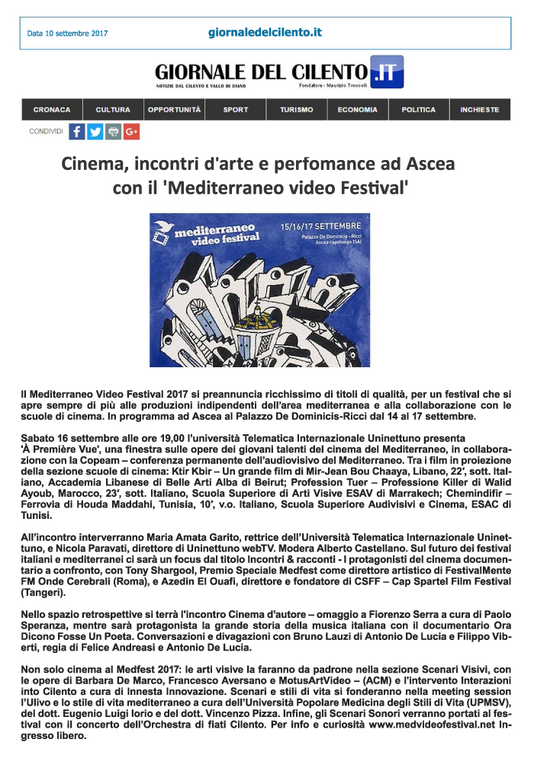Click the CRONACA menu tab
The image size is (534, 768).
(52, 110)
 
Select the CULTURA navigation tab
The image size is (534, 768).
(113, 110)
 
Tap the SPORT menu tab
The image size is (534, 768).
(236, 110)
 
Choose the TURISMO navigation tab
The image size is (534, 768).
(296, 110)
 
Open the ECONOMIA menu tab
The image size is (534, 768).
(358, 110)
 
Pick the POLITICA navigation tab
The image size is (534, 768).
(419, 110)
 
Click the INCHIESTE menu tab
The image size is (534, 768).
(480, 110)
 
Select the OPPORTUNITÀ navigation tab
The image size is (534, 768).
(175, 110)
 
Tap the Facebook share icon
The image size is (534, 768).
(77, 131)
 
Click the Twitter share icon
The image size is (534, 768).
(95, 131)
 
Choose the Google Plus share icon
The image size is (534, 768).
(131, 131)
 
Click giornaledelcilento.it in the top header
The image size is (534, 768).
(265, 32)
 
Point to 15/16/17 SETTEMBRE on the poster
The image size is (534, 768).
(331, 226)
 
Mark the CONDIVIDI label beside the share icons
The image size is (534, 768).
(46, 131)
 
